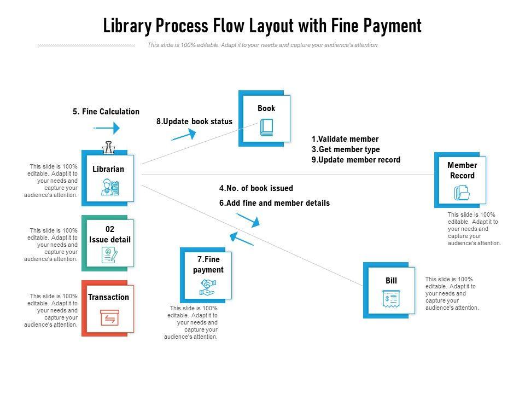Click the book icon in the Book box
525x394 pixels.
[266, 128]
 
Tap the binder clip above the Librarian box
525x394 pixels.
[108, 147]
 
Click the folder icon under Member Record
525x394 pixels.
[462, 193]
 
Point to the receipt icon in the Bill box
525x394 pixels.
[391, 299]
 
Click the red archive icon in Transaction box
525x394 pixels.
[109, 318]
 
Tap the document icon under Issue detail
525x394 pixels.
[109, 254]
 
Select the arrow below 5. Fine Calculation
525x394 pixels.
[107, 129]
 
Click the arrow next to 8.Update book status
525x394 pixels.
[184, 135]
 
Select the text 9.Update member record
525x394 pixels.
[356, 160]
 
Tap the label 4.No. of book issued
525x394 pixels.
[256, 188]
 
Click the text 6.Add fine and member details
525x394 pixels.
[275, 203]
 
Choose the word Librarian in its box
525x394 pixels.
[108, 169]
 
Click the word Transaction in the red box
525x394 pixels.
[109, 297]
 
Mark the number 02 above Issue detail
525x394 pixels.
[109, 229]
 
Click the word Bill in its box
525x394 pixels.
[391, 281]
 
